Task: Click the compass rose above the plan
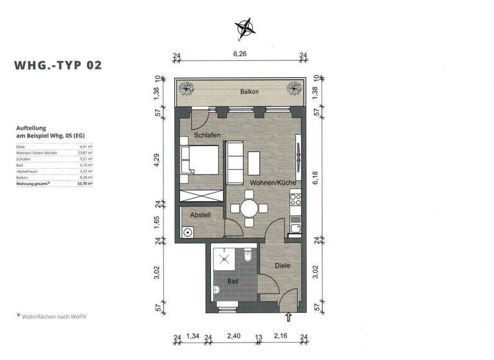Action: click(245, 28)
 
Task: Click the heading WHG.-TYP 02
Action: click(58, 65)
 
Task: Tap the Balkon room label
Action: click(250, 92)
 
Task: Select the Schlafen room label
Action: click(208, 136)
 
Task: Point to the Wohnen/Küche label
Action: click(273, 183)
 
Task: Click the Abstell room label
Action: click(200, 215)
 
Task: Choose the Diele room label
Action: click(282, 265)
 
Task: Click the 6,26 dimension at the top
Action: click(239, 54)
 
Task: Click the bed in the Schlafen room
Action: click(199, 159)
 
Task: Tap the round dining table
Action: click(249, 208)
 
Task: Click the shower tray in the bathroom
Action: click(226, 259)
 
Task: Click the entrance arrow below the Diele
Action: click(288, 316)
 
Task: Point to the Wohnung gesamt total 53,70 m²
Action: click(55, 183)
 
